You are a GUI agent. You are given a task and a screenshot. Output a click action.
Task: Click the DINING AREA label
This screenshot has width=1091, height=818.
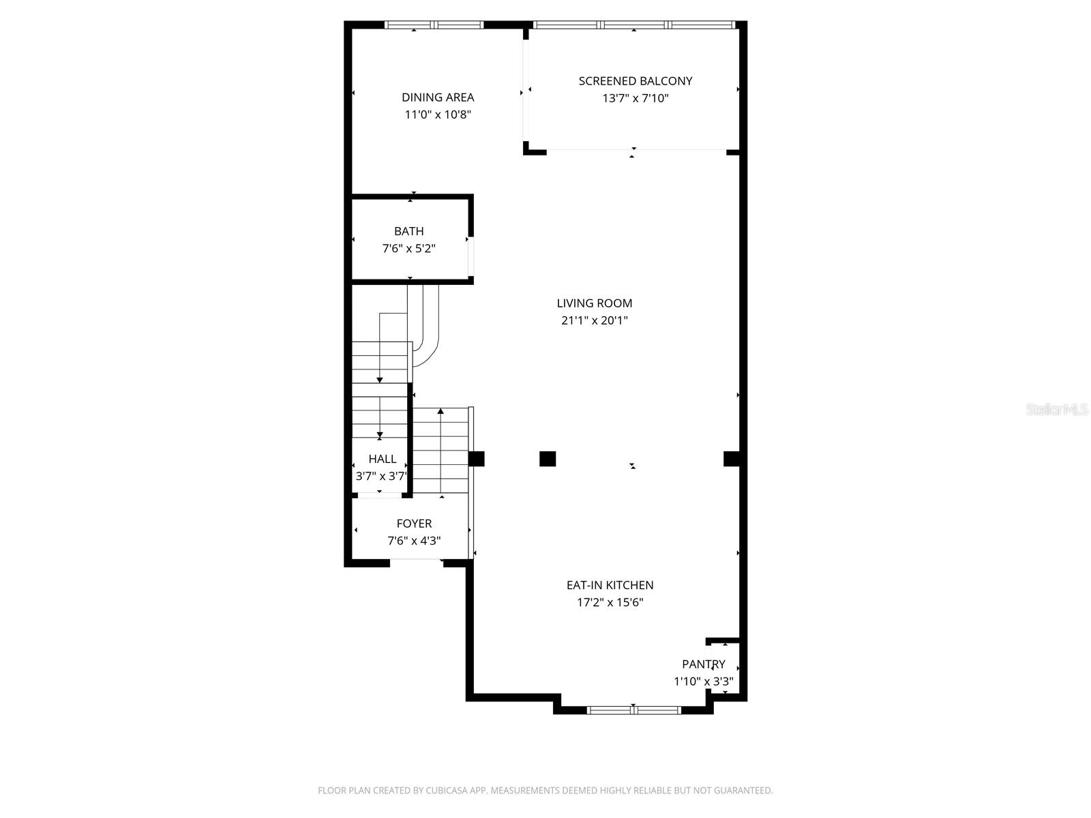point(438,97)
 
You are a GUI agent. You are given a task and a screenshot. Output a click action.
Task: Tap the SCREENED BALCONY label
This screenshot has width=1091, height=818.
point(635,81)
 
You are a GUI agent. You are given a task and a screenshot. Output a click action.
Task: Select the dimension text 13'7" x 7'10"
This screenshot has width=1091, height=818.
point(635,98)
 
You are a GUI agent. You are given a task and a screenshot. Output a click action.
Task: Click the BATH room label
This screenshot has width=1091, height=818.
point(408,231)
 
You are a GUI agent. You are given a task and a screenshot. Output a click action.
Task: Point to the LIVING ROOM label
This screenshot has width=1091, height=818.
point(594,303)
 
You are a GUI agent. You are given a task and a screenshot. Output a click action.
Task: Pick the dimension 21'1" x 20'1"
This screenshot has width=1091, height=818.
point(594,320)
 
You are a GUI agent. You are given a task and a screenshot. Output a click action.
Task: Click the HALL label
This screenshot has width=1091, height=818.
point(382,459)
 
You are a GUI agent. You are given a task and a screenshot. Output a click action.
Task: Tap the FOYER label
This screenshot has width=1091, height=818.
point(414,524)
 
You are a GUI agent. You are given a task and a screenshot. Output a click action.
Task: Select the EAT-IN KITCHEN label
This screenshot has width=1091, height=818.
point(610,585)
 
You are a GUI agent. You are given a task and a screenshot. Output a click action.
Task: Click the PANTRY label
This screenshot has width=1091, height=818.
point(703,664)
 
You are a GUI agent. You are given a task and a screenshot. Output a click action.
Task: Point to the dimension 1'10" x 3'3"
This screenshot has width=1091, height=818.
point(703,681)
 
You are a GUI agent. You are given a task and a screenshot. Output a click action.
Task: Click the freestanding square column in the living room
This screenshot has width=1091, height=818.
point(547,459)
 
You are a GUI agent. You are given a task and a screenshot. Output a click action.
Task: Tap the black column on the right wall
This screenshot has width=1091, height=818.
point(731,459)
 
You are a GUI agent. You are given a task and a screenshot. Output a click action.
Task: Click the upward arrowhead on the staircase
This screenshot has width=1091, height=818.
point(440,411)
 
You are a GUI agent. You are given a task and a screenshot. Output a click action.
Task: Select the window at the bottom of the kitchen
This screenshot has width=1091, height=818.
point(633,710)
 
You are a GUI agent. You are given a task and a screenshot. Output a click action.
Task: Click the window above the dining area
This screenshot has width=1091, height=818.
point(434,25)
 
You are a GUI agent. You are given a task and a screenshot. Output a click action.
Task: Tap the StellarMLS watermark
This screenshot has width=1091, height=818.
point(1056,410)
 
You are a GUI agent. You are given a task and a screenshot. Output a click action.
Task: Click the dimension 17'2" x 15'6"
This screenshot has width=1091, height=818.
point(610,602)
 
